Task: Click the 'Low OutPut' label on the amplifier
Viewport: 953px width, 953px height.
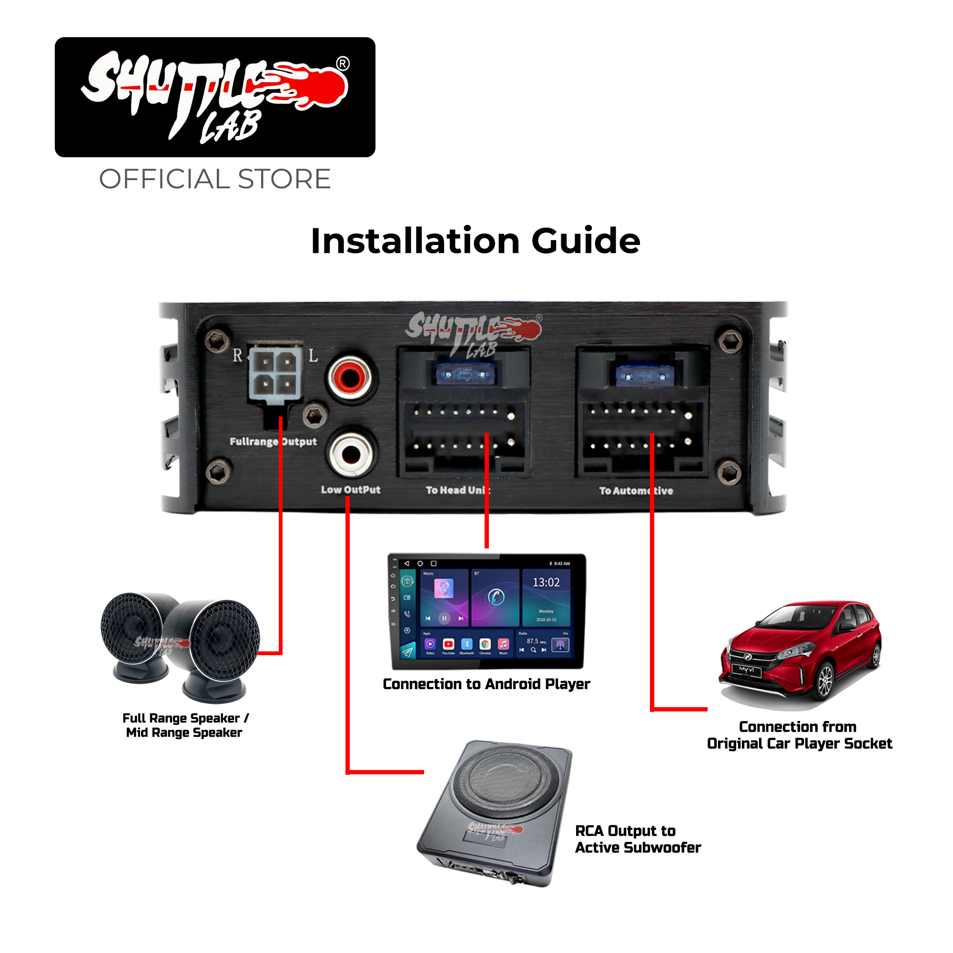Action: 351,490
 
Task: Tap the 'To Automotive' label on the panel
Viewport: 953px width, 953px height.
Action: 636,491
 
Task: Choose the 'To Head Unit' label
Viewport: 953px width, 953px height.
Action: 457,490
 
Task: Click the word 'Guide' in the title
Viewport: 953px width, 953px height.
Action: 586,241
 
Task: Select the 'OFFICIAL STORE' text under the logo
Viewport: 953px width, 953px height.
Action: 214,179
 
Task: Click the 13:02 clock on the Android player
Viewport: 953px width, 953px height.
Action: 546,583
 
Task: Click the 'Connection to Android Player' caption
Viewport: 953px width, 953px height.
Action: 487,684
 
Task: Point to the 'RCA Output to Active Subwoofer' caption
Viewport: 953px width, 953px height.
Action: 637,839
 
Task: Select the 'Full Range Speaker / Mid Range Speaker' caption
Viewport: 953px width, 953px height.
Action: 185,725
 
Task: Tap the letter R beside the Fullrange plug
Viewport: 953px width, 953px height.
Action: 238,355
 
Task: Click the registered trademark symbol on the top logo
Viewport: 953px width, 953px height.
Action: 343,64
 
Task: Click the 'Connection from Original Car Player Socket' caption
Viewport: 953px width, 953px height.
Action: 799,735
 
